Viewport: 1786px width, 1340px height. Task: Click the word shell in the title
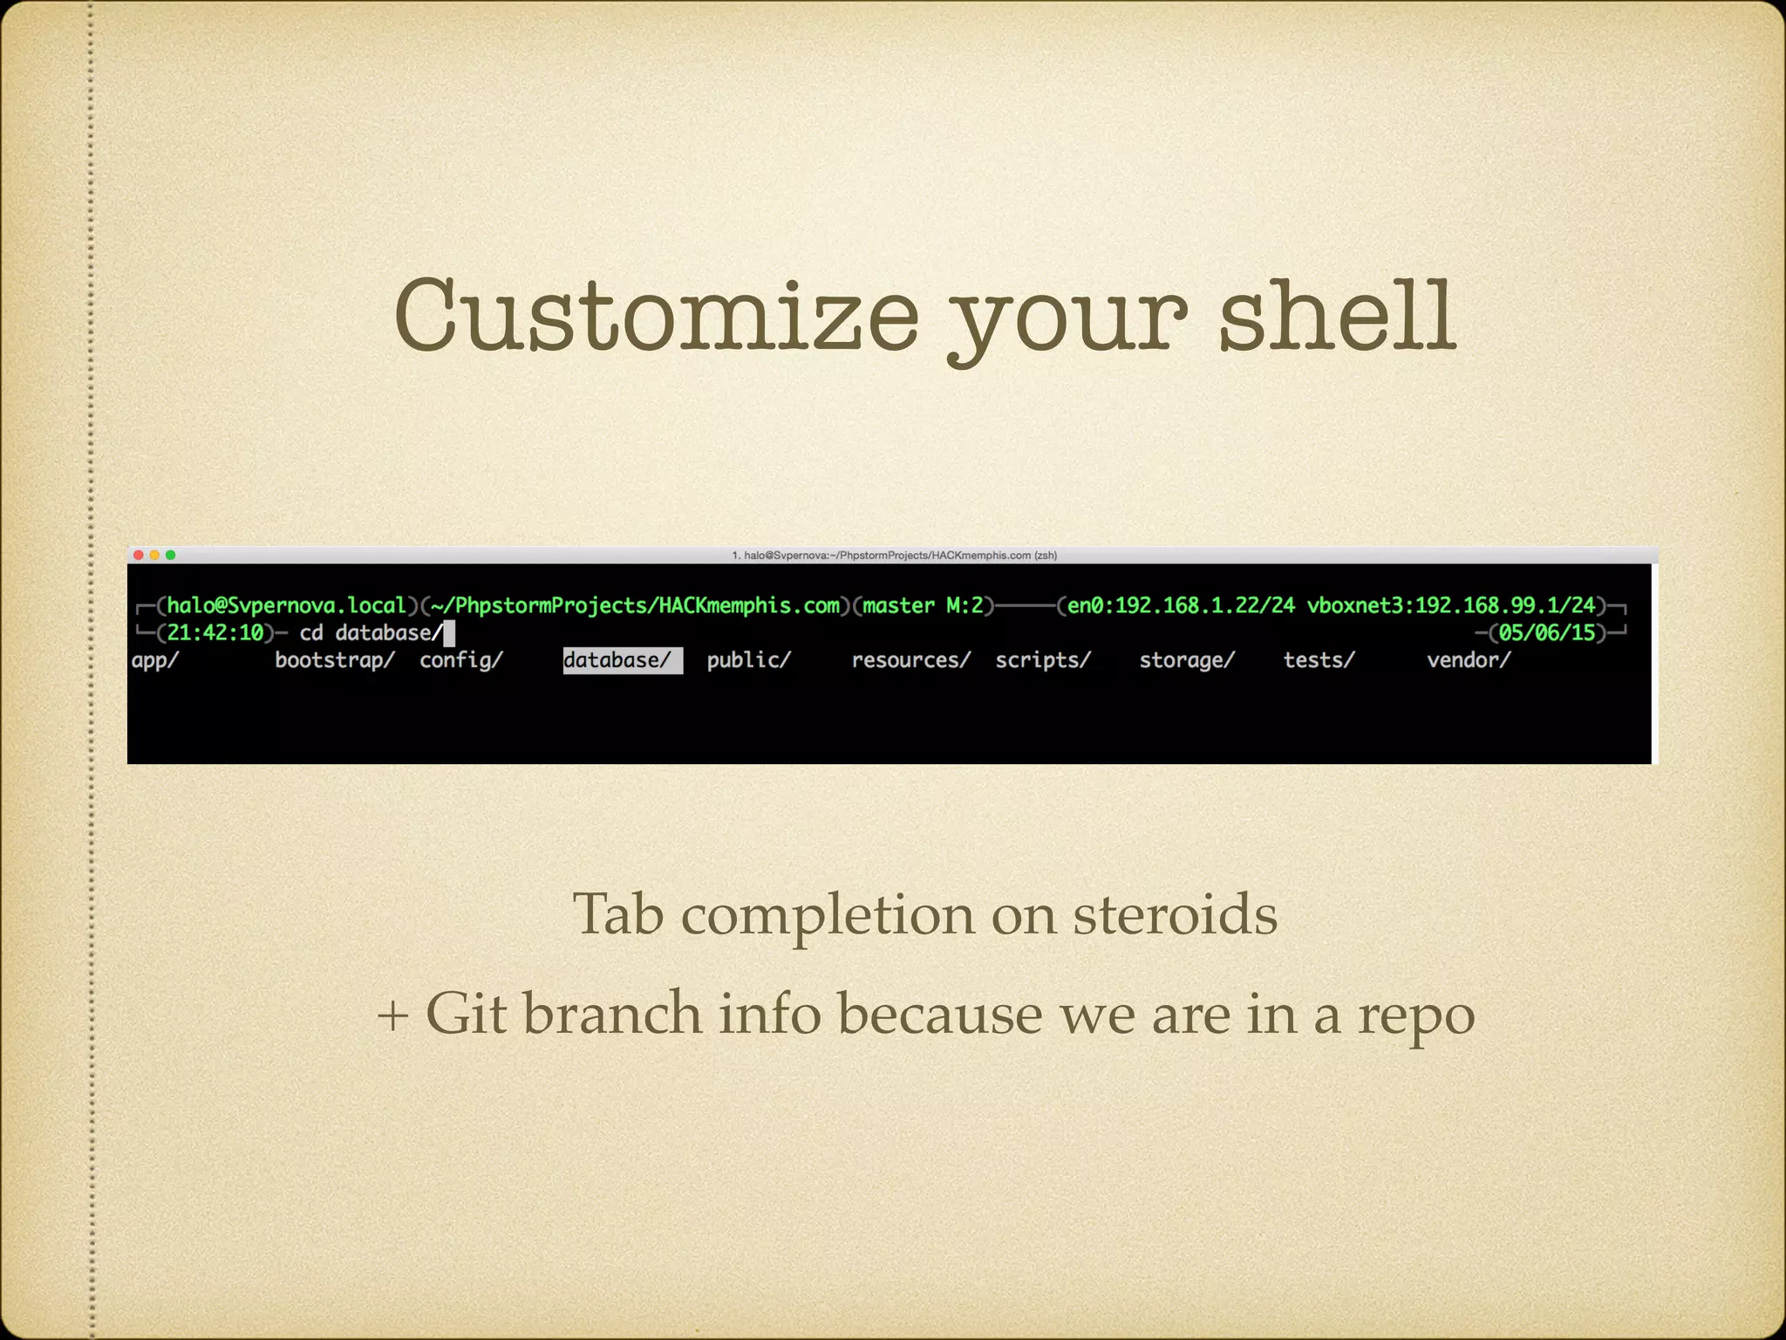tap(1336, 316)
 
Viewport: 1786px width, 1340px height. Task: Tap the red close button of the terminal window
tap(138, 555)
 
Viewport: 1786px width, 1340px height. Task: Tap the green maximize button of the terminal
tap(171, 555)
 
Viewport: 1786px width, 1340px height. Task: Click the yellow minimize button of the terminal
tap(154, 555)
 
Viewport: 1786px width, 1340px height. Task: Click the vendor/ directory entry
tap(1468, 660)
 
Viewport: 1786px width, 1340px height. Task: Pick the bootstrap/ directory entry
tap(334, 660)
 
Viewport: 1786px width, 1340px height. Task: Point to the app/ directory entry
tap(154, 660)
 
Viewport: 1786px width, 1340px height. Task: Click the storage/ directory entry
tap(1187, 660)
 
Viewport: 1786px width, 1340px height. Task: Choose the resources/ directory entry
tap(910, 660)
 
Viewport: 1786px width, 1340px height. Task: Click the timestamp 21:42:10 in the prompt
tap(215, 632)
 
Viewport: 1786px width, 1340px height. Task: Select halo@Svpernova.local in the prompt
tap(287, 605)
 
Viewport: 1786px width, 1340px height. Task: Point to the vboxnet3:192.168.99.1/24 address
tap(1450, 605)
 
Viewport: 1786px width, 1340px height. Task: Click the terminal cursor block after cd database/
tap(449, 632)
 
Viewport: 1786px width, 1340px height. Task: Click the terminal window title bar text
tap(894, 555)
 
